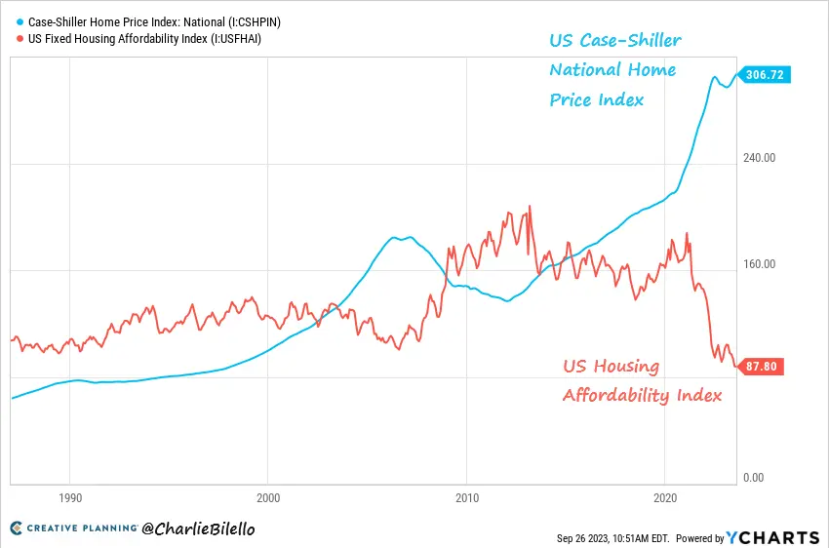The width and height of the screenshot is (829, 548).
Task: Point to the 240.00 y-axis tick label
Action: pyautogui.click(x=759, y=158)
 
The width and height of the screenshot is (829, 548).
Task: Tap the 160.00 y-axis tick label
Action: pyautogui.click(x=759, y=264)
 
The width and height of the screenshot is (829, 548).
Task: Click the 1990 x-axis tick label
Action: pyautogui.click(x=69, y=495)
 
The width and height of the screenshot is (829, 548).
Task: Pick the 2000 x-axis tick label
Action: pyautogui.click(x=268, y=495)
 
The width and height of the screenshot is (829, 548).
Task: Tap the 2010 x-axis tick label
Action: pyautogui.click(x=466, y=495)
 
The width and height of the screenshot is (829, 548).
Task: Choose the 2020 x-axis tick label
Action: pyautogui.click(x=664, y=495)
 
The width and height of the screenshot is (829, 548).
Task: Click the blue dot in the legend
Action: pyautogui.click(x=20, y=20)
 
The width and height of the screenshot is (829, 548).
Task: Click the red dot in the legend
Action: pyautogui.click(x=20, y=39)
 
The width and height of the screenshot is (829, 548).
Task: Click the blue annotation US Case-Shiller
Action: pyautogui.click(x=613, y=40)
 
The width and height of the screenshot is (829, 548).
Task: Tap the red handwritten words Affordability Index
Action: pyautogui.click(x=642, y=395)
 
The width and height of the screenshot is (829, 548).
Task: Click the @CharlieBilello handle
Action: pyautogui.click(x=198, y=529)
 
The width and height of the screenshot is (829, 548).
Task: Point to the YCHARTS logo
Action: pyautogui.click(x=774, y=537)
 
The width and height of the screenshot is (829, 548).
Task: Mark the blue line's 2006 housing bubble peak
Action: pyautogui.click(x=394, y=237)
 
